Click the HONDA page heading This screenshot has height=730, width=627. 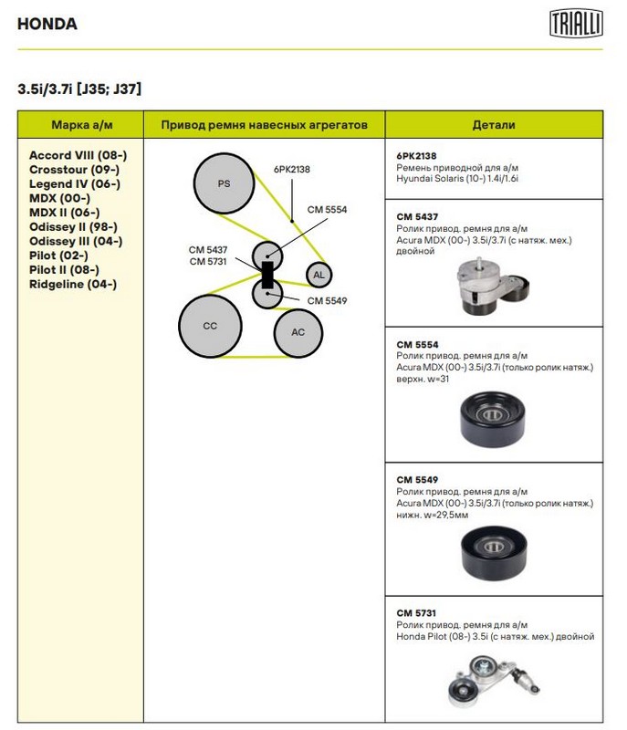(x=47, y=25)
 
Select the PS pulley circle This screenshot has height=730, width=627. (x=224, y=183)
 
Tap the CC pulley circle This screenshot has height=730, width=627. (x=210, y=326)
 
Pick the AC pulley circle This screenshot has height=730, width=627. (x=298, y=332)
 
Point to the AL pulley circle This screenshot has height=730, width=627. (x=319, y=275)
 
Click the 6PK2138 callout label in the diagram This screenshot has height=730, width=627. (x=292, y=169)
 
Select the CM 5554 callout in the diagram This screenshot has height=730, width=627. (x=327, y=209)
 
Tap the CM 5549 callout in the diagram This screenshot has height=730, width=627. (x=327, y=300)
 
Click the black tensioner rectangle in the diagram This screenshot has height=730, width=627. (x=267, y=273)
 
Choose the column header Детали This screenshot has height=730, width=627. (x=494, y=124)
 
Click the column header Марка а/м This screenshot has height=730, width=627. (x=81, y=124)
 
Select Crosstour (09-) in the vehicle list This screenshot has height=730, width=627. (x=74, y=170)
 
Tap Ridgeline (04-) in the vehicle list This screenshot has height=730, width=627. (x=73, y=284)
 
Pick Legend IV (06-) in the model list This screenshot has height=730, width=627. (x=75, y=183)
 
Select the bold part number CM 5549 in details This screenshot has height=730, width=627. (x=417, y=478)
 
